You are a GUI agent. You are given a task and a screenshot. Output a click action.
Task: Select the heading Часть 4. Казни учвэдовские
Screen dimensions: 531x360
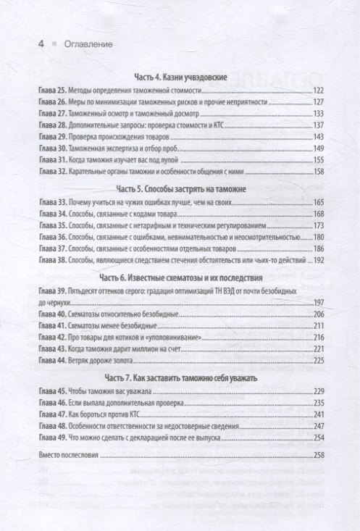[181, 76]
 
